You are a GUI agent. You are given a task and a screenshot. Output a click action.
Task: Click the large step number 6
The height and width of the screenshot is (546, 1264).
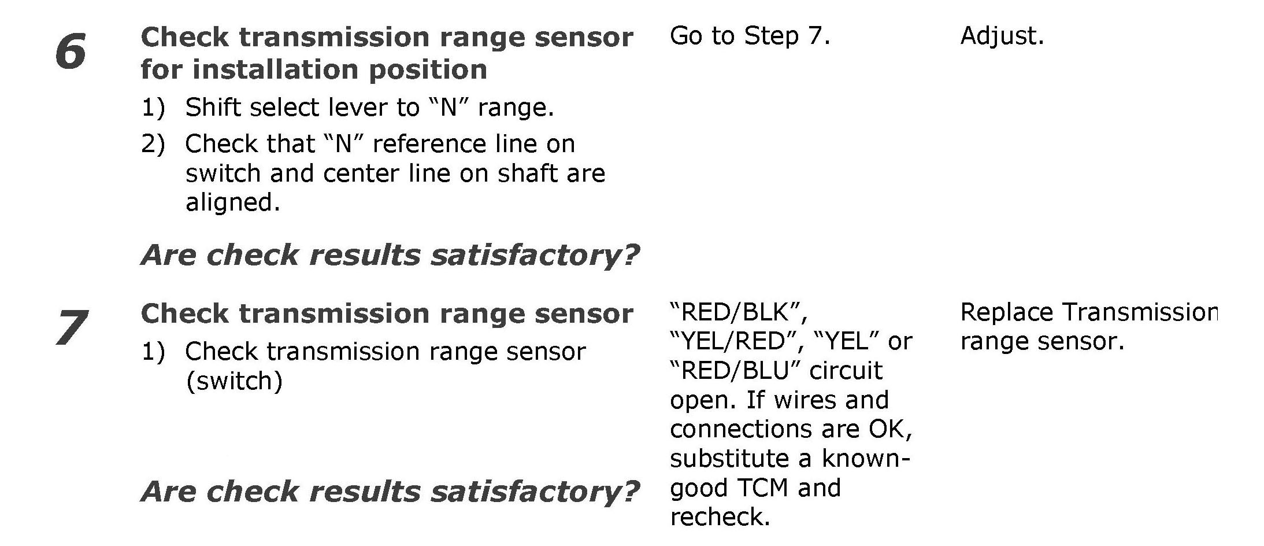click(71, 52)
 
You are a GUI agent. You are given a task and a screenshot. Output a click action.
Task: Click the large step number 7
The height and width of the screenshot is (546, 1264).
click(72, 327)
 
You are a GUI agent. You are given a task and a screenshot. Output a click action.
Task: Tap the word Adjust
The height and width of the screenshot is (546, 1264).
click(1002, 36)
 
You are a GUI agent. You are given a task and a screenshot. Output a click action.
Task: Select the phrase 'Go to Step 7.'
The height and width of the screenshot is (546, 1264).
click(750, 36)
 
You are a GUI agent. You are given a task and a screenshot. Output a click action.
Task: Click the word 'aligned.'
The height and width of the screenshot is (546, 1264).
click(232, 202)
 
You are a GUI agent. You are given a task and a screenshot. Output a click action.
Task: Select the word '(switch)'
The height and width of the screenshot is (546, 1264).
click(234, 381)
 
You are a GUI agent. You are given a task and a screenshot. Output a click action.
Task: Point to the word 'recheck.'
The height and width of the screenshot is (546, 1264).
click(720, 517)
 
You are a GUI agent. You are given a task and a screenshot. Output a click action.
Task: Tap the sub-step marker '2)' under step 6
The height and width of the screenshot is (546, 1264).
click(153, 143)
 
